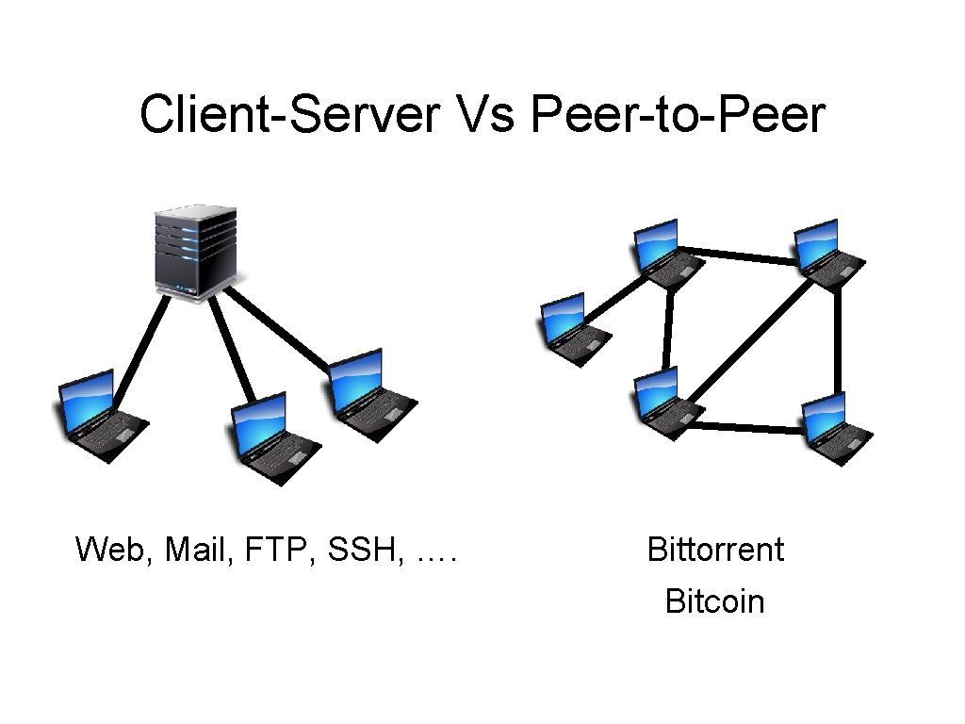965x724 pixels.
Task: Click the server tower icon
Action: (x=196, y=254)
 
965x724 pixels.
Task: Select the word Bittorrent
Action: (x=715, y=549)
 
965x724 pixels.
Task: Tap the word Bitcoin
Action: (x=714, y=601)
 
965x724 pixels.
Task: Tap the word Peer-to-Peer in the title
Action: (x=678, y=116)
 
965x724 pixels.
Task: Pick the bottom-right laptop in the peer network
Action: (x=834, y=428)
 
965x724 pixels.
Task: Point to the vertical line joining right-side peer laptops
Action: (x=836, y=339)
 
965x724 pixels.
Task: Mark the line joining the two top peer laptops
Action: (x=740, y=255)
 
